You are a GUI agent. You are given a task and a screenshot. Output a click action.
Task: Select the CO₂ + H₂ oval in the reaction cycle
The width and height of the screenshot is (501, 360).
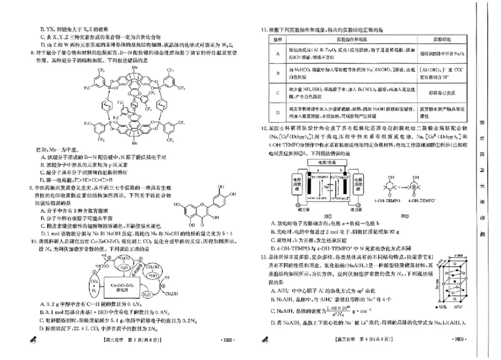coord(86,285)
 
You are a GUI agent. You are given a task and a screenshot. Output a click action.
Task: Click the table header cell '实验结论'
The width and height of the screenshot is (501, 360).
coord(433,38)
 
